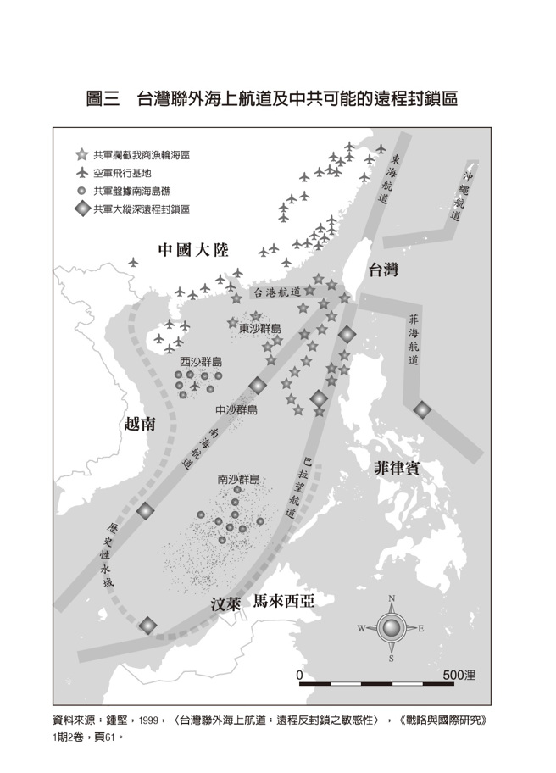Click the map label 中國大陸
(x=194, y=250)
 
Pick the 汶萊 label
(x=225, y=604)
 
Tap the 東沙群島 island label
(x=259, y=328)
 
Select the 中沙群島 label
(x=236, y=409)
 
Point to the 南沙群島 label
(x=239, y=480)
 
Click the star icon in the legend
(x=81, y=156)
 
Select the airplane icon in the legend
(x=81, y=173)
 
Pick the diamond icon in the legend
(x=81, y=207)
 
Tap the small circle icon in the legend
(x=81, y=191)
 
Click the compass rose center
(x=392, y=628)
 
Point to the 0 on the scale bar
(x=300, y=675)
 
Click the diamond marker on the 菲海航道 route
(x=422, y=410)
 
